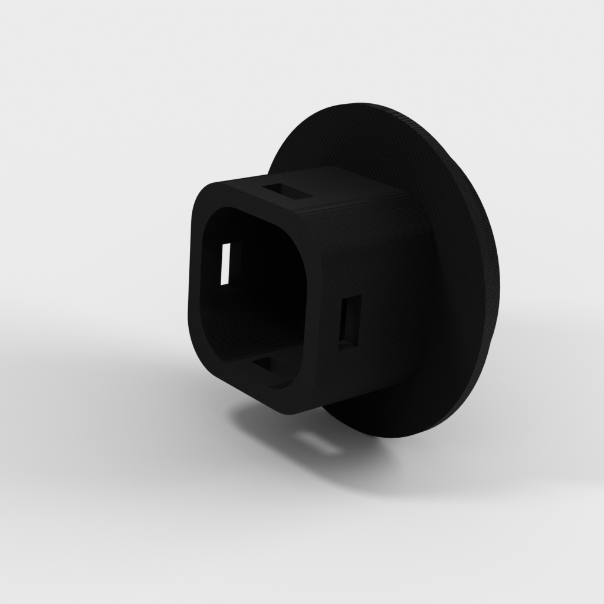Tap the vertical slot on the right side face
pos(349,321)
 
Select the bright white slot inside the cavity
pos(225,264)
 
